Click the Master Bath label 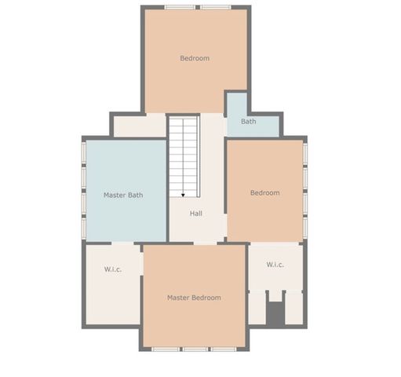[123, 195]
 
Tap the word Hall [197, 214]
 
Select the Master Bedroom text [194, 298]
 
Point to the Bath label [248, 122]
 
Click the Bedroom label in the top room [195, 58]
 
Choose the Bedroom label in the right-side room [264, 192]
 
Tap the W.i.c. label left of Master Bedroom [113, 269]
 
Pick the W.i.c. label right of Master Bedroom [275, 265]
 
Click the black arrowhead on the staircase [183, 194]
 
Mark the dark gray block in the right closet [275, 313]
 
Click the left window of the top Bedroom [180, 7]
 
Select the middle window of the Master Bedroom [195, 349]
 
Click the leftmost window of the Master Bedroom [166, 349]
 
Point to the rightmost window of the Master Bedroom [222, 349]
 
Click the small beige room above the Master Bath [139, 126]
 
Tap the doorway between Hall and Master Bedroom [196, 243]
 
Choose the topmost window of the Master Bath [83, 154]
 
